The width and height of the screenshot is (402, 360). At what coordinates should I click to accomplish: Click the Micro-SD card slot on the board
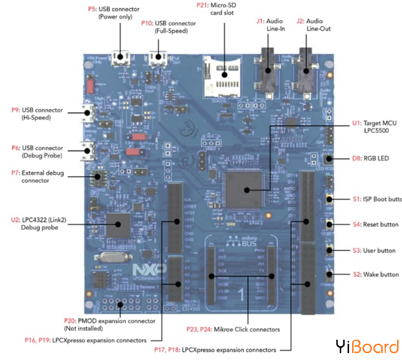pyautogui.click(x=223, y=77)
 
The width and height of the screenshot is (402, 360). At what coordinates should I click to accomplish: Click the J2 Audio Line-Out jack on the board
pyautogui.click(x=305, y=70)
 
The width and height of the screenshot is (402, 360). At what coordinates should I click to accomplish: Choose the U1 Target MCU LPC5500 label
pyautogui.click(x=375, y=126)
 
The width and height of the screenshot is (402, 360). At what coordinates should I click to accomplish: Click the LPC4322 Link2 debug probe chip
pyautogui.click(x=118, y=225)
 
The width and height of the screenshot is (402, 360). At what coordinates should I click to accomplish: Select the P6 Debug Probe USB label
pyautogui.click(x=37, y=152)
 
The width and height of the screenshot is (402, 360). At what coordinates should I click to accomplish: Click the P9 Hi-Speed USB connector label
pyautogui.click(x=37, y=114)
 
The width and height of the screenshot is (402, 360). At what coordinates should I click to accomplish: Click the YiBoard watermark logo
pyautogui.click(x=367, y=347)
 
